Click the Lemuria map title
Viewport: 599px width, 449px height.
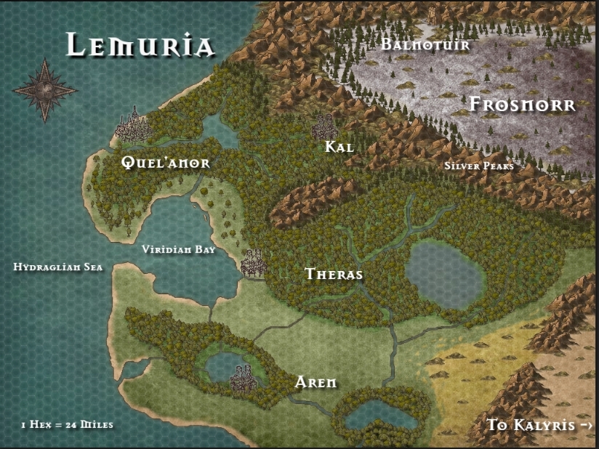140,45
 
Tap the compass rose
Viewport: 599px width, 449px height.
44,90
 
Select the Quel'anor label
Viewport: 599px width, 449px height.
166,163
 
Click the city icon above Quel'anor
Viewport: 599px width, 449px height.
132,126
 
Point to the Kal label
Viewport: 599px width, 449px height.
339,147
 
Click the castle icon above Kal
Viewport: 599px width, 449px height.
323,127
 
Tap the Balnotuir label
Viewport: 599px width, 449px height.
425,45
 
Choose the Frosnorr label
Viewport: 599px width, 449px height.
522,105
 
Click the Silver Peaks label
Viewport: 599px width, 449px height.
479,166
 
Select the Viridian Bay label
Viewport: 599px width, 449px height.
178,249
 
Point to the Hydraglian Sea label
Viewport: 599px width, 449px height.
58,267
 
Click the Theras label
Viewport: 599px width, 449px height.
334,275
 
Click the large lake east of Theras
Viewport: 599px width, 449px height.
444,275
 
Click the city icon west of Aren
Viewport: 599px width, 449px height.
243,376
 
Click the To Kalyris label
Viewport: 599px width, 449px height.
531,425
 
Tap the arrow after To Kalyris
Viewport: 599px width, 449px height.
587,425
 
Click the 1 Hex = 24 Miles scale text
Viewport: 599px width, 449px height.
67,424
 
